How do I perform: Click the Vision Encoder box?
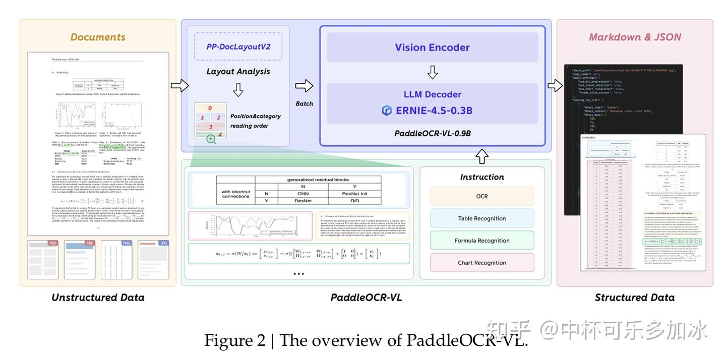(432, 47)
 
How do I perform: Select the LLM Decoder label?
(432, 94)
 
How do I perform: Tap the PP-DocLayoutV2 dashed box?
(238, 47)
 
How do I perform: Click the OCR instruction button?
(481, 196)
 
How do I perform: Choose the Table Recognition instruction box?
(481, 218)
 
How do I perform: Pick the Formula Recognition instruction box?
(481, 241)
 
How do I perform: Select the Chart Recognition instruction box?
(481, 263)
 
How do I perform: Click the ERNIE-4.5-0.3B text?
(434, 110)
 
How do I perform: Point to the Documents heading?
(98, 37)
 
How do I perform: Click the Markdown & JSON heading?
(634, 37)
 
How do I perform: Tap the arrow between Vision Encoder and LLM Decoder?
(432, 73)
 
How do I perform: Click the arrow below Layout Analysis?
(238, 90)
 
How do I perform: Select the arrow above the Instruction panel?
(481, 156)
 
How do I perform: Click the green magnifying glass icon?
(211, 139)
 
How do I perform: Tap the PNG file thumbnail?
(116, 260)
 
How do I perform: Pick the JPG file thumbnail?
(153, 260)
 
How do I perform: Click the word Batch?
(304, 103)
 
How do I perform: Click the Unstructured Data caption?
(98, 297)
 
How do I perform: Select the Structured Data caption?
(634, 297)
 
